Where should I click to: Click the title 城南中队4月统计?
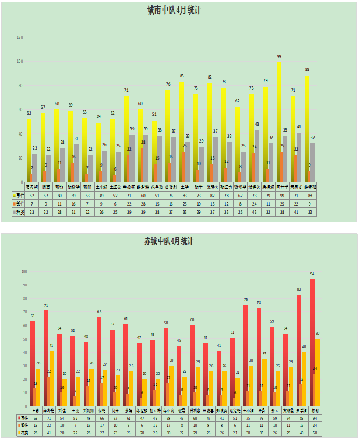pos(180,10)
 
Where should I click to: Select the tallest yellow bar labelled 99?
pos(280,122)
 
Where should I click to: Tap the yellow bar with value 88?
pos(307,128)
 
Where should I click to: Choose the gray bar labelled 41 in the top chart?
pos(299,157)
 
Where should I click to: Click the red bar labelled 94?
pos(312,344)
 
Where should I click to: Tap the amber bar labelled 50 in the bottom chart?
pos(317,373)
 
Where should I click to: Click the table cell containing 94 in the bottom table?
pos(314,418)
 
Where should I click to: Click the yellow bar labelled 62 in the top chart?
pos(238,143)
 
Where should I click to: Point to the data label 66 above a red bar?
pos(99,312)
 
